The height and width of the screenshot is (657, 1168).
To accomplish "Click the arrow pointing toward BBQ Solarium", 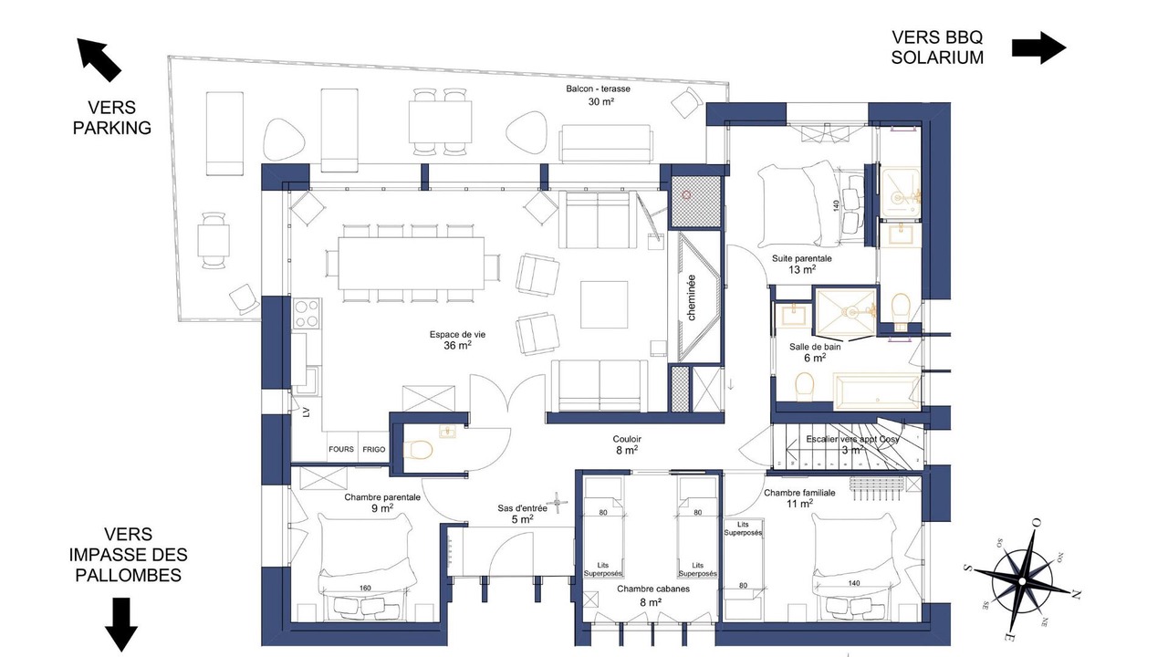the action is pos(1038,48).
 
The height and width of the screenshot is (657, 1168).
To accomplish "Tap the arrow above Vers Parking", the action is pos(99,59).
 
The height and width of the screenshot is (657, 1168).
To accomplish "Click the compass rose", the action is pos(1022,581).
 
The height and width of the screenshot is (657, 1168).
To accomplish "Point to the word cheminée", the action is pos(692,297).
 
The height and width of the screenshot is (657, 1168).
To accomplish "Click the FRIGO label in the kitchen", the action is pos(374,450).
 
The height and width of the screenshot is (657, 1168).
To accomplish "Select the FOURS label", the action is pos(341,449).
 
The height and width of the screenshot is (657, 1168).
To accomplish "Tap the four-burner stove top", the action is pos(307,313).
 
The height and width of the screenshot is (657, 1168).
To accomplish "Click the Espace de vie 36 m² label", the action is pos(457,340).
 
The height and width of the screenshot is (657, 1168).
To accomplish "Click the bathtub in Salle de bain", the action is pos(877,390).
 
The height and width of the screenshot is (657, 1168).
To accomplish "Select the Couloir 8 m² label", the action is pos(627,444).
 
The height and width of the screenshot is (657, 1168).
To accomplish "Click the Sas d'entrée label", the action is pos(522,508).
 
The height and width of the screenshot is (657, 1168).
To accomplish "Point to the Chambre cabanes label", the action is pos(653,589).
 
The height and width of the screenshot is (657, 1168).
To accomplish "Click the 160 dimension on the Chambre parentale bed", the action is pos(365,589).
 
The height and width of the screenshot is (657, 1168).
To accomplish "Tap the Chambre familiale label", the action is pos(799,493).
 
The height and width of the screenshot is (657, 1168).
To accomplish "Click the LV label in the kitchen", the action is pos(306,412).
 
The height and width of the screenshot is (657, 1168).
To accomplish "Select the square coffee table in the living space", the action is pos(604,305).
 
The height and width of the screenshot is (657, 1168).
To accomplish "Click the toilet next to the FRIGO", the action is pos(418,449).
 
